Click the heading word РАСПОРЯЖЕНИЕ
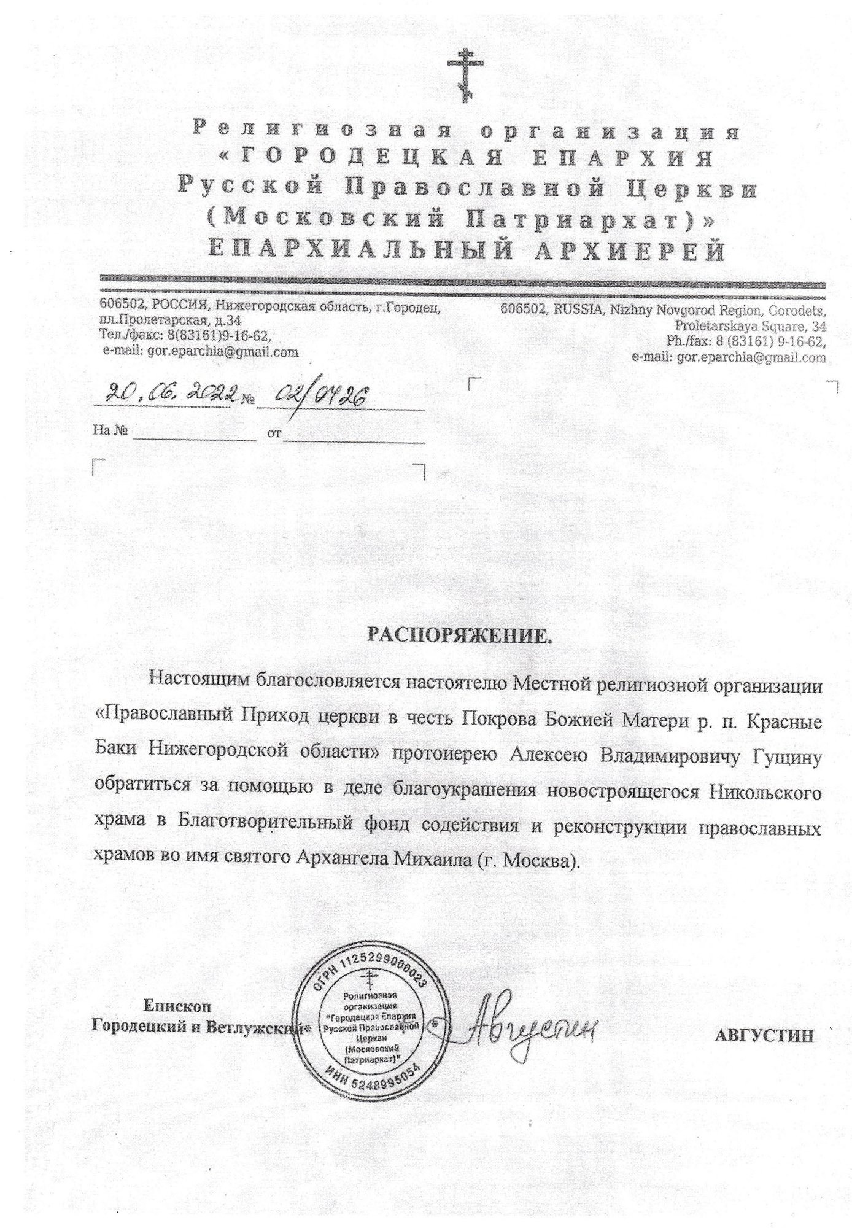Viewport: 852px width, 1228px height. [x=459, y=635]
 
